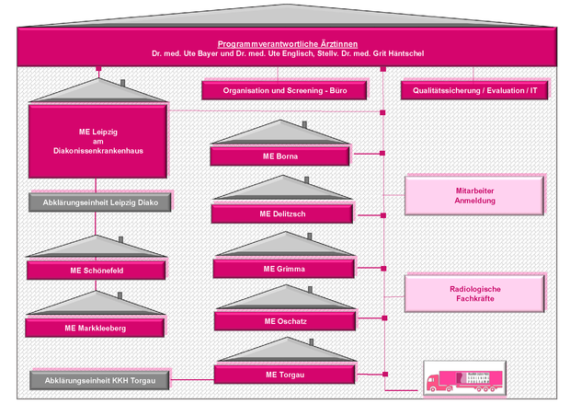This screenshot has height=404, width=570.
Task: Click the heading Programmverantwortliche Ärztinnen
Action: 288,43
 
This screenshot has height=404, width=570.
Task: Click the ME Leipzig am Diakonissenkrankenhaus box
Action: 97,138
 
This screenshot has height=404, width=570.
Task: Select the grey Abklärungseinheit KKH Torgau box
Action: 97,379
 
